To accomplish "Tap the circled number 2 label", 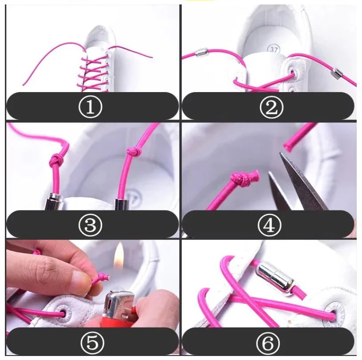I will click(269, 106).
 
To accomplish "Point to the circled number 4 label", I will click(269, 225).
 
